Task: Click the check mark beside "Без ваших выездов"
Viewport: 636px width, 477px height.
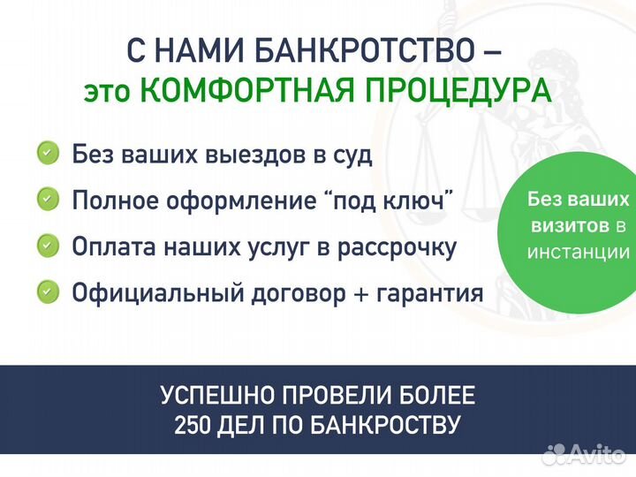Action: coord(49,154)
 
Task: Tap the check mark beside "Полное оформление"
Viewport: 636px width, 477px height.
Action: coord(49,201)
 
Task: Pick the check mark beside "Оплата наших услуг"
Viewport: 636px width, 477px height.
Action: coord(49,246)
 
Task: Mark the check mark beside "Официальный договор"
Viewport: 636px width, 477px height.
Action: coord(49,291)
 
